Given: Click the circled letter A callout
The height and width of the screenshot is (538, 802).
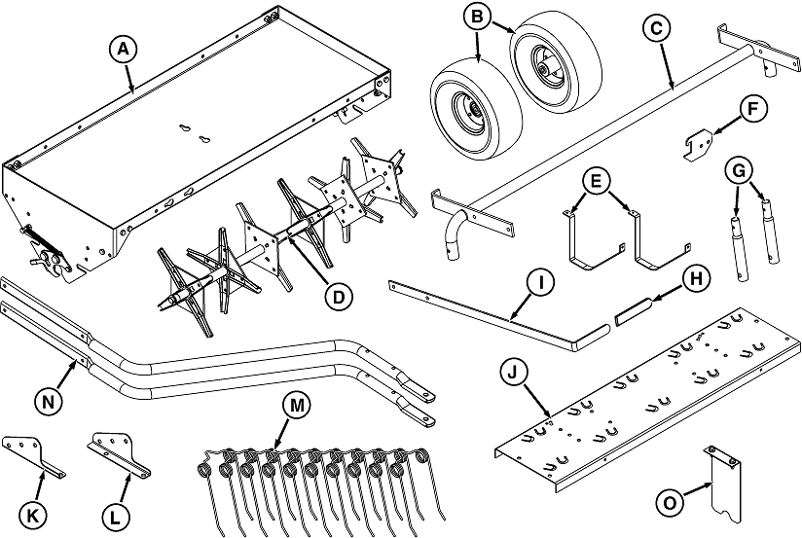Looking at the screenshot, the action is tap(124, 49).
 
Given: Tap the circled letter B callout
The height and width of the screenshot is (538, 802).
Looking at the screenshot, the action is tap(477, 17).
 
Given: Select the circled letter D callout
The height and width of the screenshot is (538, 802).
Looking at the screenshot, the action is tap(339, 297).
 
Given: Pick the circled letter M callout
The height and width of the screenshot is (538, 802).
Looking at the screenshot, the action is tap(297, 406).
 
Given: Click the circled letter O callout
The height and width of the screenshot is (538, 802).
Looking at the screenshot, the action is tap(670, 503).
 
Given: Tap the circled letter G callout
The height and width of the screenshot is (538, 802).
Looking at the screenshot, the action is tap(740, 172).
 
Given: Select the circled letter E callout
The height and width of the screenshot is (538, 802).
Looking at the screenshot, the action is tap(597, 181).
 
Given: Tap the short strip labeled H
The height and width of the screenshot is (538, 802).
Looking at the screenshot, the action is tap(634, 311).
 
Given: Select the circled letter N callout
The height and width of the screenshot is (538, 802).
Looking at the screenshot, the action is tap(48, 402).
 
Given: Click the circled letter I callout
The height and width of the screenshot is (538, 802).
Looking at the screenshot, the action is tap(539, 282).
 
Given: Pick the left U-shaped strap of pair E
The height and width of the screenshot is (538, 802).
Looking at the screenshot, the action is tap(594, 240).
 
